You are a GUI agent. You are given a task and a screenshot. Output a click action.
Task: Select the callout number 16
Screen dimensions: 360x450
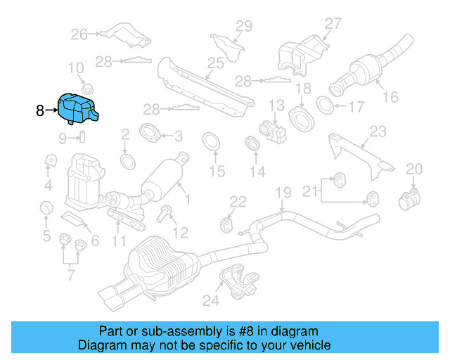[x=390, y=98]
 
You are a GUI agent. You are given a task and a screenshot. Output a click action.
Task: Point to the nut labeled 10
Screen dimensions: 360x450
[x=88, y=89]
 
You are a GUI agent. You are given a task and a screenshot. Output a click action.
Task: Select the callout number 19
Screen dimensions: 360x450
[x=283, y=192]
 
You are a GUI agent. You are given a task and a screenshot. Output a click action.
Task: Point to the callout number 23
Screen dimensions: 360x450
[x=378, y=131]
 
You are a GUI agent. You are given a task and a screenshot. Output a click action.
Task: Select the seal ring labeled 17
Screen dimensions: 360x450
[x=327, y=106]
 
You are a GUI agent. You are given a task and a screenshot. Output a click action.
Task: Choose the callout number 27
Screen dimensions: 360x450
[x=332, y=23]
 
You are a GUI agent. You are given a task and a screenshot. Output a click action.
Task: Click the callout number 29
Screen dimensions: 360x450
[x=243, y=26]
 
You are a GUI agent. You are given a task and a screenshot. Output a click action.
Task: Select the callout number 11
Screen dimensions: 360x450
[x=119, y=243]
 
